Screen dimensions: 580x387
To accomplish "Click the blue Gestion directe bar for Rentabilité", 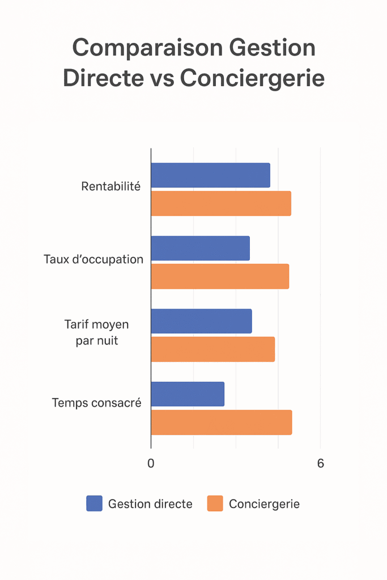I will click(210, 175).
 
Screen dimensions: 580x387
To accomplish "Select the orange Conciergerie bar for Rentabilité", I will click(221, 203).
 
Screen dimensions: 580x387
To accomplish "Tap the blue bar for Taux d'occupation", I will click(200, 248).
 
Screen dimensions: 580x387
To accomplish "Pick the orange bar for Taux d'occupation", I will click(220, 276).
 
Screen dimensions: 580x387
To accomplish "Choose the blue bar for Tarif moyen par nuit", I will click(201, 321).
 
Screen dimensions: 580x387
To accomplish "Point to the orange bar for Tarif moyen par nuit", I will click(212, 349).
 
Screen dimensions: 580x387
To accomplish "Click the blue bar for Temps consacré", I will click(188, 394).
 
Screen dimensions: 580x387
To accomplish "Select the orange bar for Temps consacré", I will click(221, 423).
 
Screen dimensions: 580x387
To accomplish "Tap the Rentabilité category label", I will click(110, 186).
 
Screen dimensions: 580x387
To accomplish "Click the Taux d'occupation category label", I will click(93, 259).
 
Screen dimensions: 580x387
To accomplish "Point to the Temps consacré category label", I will click(96, 403).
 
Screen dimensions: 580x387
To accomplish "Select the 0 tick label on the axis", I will click(151, 463).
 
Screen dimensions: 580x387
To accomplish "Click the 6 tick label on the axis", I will click(320, 463).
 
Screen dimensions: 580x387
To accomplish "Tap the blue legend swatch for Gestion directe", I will click(94, 504).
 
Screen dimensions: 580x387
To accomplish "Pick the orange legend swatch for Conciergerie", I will click(215, 504).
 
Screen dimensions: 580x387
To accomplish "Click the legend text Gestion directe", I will click(150, 504).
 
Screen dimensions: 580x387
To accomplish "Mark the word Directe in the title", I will click(104, 78).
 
